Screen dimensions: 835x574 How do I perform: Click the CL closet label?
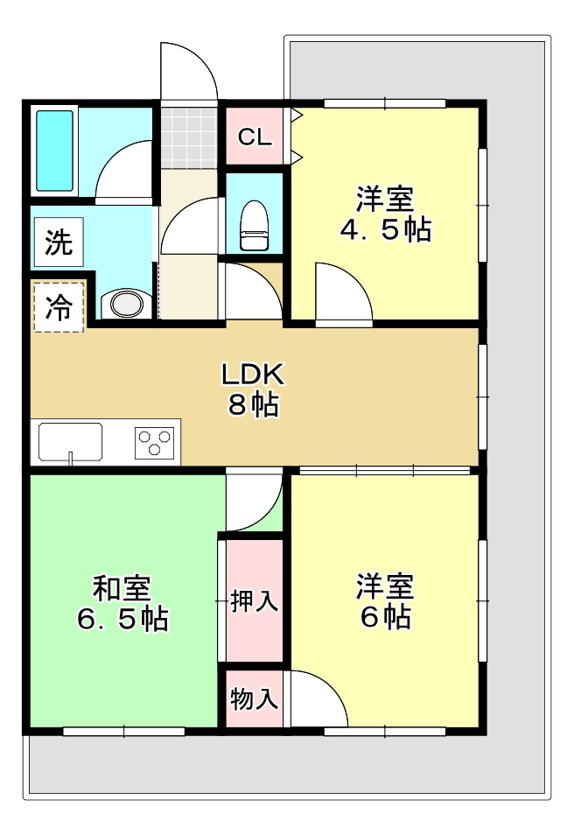click(x=255, y=137)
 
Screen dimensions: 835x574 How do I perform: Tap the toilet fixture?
click(x=254, y=226)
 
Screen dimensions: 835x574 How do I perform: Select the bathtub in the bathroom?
click(x=53, y=151)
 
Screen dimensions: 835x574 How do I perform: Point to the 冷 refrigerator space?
click(x=59, y=307)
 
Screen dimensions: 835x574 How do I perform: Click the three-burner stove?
click(x=156, y=442)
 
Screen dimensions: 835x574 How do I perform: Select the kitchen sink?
click(x=71, y=440)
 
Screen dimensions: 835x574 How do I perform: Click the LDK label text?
click(x=253, y=375)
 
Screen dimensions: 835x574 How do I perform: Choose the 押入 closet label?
click(x=254, y=601)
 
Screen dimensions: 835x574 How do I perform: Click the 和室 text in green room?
click(x=122, y=588)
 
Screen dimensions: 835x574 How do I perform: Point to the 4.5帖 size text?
click(x=385, y=230)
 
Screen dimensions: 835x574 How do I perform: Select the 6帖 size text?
click(x=385, y=617)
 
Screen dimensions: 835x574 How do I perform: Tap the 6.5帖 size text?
click(x=122, y=620)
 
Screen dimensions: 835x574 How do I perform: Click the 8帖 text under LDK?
click(x=253, y=405)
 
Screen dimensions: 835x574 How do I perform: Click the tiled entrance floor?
click(x=188, y=136)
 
